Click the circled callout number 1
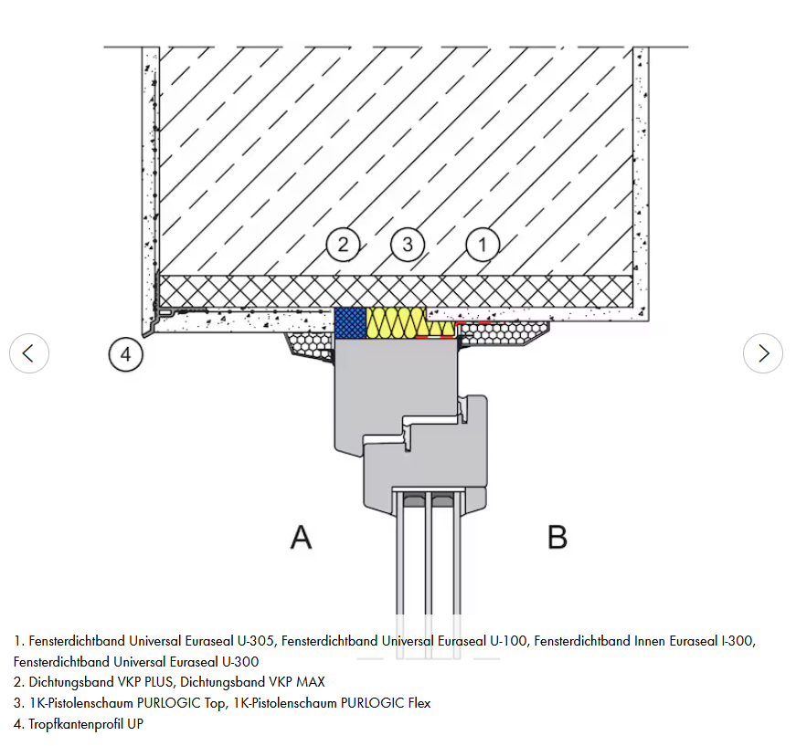[483, 245]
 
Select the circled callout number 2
[344, 245]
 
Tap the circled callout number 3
[408, 245]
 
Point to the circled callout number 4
[126, 354]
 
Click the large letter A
[301, 537]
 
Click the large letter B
[557, 537]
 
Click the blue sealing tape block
[350, 322]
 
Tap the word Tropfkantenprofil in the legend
[76, 724]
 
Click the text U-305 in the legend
[256, 641]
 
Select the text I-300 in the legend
[738, 641]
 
